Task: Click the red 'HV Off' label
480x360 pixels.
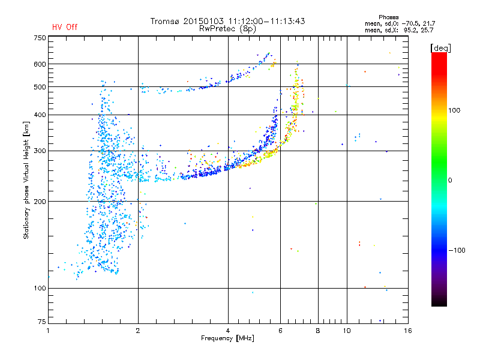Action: pyautogui.click(x=65, y=28)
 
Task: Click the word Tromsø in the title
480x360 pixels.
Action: pyautogui.click(x=167, y=21)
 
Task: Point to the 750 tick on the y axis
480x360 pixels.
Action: pyautogui.click(x=40, y=38)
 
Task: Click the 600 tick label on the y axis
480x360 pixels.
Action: pyautogui.click(x=40, y=64)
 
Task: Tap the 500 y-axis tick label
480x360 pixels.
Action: pyautogui.click(x=40, y=87)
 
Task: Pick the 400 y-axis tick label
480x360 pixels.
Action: pyautogui.click(x=40, y=115)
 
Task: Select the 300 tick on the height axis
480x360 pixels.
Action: pyautogui.click(x=40, y=151)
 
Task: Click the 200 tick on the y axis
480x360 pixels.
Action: pyautogui.click(x=40, y=202)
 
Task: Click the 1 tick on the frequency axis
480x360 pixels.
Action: pyautogui.click(x=49, y=331)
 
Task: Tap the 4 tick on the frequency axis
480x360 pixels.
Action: pyautogui.click(x=228, y=331)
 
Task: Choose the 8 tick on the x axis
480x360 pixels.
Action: pyautogui.click(x=318, y=331)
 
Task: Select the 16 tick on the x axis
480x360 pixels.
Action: pyautogui.click(x=407, y=331)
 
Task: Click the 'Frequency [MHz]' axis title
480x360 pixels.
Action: pyautogui.click(x=227, y=338)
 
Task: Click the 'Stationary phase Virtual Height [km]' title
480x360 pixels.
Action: pyautogui.click(x=26, y=180)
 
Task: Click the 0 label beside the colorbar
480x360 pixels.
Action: pyautogui.click(x=451, y=180)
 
